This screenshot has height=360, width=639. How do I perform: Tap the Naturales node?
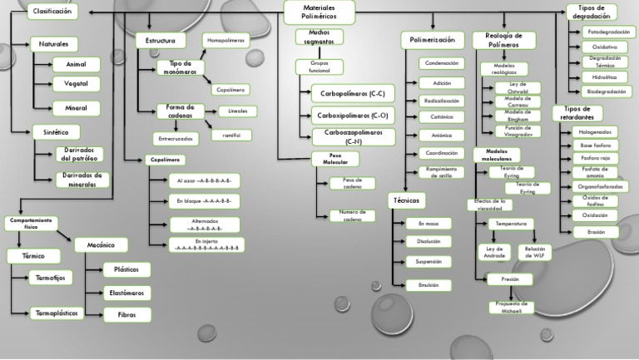53,43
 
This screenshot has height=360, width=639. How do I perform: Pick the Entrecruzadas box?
176,138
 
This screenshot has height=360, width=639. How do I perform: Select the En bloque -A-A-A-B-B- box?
204,201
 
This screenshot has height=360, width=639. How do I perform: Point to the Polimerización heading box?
433,40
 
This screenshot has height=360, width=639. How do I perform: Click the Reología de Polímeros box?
503,40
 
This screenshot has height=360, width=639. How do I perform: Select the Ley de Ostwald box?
518,88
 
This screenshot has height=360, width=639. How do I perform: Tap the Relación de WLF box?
533,251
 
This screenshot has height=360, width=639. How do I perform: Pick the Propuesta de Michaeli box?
511,308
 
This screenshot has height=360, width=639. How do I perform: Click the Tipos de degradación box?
592,12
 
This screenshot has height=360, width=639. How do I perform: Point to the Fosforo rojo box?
596,158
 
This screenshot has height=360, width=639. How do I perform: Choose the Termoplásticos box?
57,313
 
